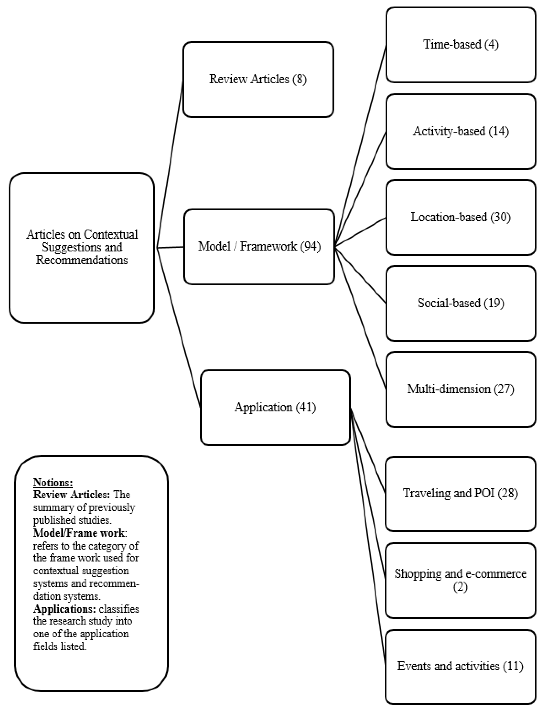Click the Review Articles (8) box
(x=258, y=79)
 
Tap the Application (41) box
(x=275, y=407)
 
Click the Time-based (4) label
(x=461, y=44)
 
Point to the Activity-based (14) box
(x=461, y=131)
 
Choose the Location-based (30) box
(x=461, y=217)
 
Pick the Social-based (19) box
(x=461, y=303)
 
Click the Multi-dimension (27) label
(x=461, y=389)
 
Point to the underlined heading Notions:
(x=53, y=482)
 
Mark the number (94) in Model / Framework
(x=310, y=247)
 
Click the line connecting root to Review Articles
(x=170, y=165)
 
